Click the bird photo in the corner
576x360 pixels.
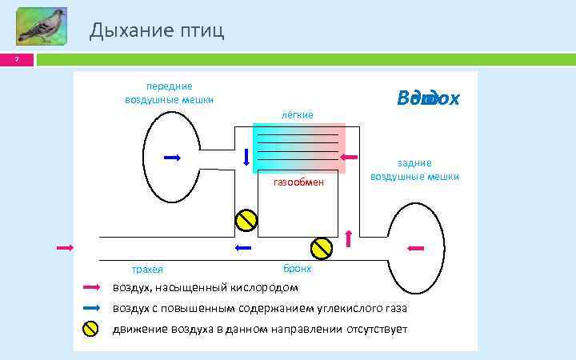(x=41, y=26)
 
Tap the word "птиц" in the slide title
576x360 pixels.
(x=199, y=30)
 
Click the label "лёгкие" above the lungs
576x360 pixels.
(x=297, y=115)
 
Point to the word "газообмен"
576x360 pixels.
(x=298, y=182)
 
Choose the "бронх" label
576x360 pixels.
(x=298, y=269)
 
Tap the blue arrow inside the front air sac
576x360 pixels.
(x=172, y=158)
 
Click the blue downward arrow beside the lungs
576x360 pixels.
(x=246, y=158)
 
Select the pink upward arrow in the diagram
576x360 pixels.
(x=348, y=238)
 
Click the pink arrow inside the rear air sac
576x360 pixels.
(x=415, y=248)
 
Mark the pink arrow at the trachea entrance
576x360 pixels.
(x=65, y=248)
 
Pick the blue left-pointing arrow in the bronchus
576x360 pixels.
(x=243, y=248)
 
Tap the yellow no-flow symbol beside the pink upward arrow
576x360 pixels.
(x=322, y=248)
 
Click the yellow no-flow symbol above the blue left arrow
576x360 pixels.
(x=245, y=220)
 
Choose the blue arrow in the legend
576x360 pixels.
(x=91, y=308)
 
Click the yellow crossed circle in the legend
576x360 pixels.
(x=91, y=329)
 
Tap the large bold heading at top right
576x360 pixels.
(x=428, y=98)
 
